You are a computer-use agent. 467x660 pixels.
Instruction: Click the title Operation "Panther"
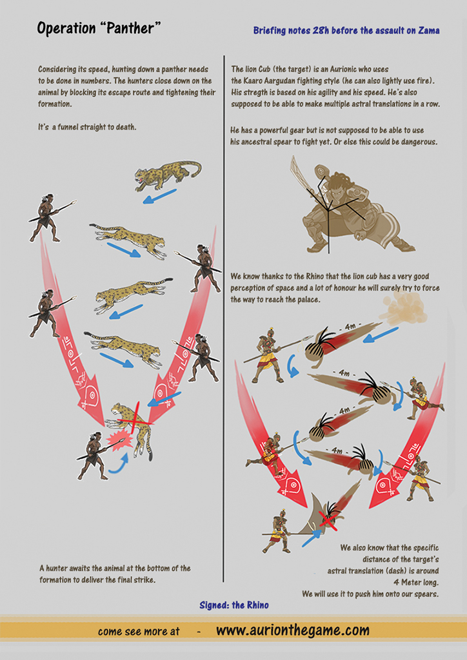[x=99, y=28]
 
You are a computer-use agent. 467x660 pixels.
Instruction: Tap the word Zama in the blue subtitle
[x=429, y=30]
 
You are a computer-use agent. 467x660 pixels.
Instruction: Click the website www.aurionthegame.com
[x=293, y=630]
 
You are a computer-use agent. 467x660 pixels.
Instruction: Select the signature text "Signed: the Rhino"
[x=234, y=605]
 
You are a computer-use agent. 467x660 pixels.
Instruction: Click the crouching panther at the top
[x=168, y=173]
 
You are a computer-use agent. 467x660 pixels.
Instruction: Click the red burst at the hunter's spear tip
[x=119, y=440]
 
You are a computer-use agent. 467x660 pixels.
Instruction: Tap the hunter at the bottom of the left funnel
[x=94, y=456]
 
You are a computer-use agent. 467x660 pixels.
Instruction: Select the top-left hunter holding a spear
[x=47, y=218]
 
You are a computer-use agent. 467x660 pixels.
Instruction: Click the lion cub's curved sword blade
[x=300, y=173]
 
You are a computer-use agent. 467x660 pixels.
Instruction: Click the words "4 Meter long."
[x=416, y=583]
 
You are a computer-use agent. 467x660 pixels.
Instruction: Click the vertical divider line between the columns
[x=224, y=318]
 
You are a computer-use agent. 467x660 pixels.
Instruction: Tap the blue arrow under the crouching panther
[x=159, y=196]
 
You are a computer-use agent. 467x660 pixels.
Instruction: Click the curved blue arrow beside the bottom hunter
[x=118, y=464]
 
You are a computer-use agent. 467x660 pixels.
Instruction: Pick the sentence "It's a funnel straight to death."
[x=87, y=127]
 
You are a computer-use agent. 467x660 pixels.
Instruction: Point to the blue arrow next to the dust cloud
[x=381, y=335]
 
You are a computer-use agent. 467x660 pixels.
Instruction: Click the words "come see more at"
[x=139, y=632]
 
